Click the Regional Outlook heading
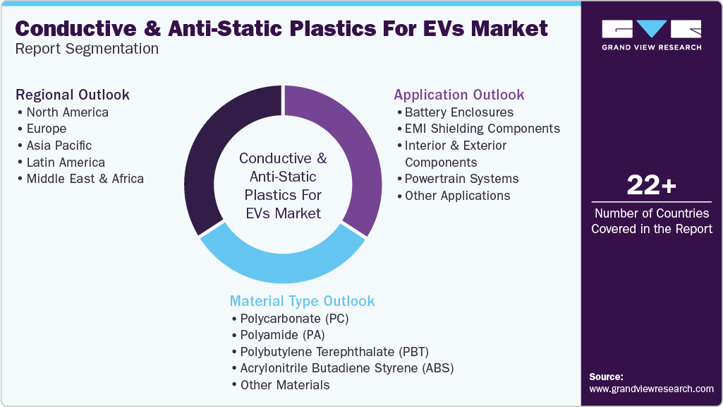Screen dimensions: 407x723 pyautogui.click(x=73, y=95)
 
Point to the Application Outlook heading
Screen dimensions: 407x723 pyautogui.click(x=459, y=95)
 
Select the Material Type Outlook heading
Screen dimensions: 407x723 pyautogui.click(x=302, y=301)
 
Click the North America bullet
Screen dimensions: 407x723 pyautogui.click(x=67, y=112)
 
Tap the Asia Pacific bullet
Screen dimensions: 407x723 pyautogui.click(x=59, y=146)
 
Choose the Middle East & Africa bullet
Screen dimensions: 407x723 pyautogui.click(x=85, y=179)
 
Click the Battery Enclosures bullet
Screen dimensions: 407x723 pyautogui.click(x=458, y=112)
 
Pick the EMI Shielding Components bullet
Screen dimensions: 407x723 pyautogui.click(x=482, y=129)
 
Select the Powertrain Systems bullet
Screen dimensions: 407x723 pyautogui.click(x=461, y=179)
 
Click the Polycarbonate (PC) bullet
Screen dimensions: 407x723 pyautogui.click(x=294, y=319)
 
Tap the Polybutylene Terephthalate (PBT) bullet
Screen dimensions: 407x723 pyautogui.click(x=334, y=352)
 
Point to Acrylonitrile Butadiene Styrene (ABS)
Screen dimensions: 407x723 pyautogui.click(x=346, y=368)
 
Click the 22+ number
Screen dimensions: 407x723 pyautogui.click(x=651, y=185)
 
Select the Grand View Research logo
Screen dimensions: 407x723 pyautogui.click(x=651, y=35)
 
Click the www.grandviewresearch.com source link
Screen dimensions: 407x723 pyautogui.click(x=651, y=389)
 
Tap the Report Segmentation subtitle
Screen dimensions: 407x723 pyautogui.click(x=87, y=49)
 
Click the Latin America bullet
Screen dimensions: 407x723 pyautogui.click(x=66, y=163)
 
